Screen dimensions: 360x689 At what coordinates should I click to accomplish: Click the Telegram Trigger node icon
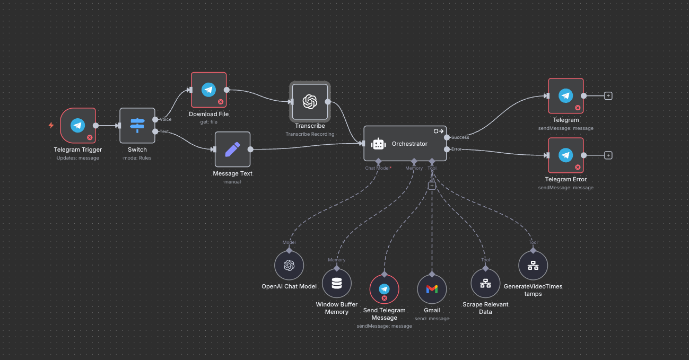click(78, 126)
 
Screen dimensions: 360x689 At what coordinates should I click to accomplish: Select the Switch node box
click(137, 126)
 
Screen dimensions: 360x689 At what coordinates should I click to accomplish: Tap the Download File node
click(208, 90)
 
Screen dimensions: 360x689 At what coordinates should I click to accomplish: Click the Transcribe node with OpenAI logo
click(310, 102)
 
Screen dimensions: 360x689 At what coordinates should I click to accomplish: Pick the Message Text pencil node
click(232, 149)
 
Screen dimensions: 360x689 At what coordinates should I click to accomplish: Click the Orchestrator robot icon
click(378, 144)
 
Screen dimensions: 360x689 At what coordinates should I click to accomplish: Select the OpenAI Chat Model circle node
click(289, 265)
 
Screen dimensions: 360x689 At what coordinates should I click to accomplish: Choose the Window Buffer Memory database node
click(337, 283)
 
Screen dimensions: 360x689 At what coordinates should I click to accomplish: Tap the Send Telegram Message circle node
click(384, 289)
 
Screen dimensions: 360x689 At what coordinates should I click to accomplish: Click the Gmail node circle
click(432, 289)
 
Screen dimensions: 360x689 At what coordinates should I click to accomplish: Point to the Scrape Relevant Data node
click(485, 283)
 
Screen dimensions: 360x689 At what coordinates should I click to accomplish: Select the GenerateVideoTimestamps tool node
click(533, 265)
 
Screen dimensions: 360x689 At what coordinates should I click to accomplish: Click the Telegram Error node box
click(566, 155)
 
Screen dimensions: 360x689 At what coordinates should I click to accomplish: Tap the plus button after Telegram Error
click(608, 155)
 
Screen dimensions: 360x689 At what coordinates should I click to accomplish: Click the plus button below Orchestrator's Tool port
click(432, 186)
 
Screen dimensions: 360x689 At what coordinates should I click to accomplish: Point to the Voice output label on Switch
click(165, 119)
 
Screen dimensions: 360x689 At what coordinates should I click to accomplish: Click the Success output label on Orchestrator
click(460, 137)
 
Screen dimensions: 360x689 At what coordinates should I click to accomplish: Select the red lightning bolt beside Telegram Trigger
click(51, 126)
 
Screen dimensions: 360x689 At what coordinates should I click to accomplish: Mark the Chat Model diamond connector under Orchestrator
click(378, 161)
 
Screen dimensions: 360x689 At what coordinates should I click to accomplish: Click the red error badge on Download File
click(221, 102)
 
